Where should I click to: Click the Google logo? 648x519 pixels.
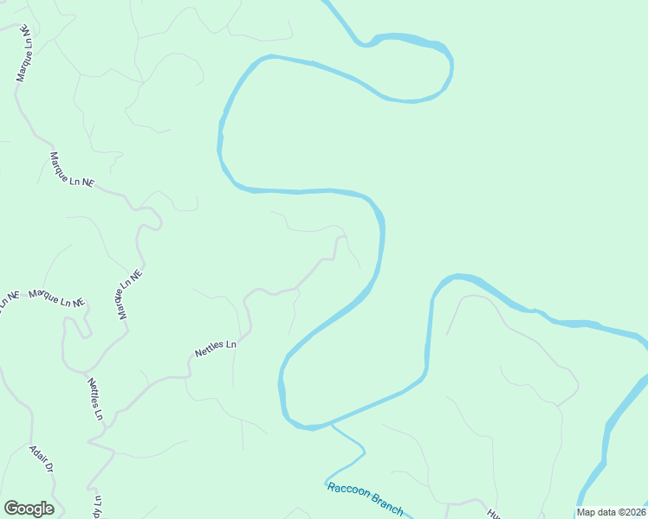tap(29, 509)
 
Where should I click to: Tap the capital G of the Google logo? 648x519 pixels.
tap(11, 509)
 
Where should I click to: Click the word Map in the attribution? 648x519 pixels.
tap(586, 512)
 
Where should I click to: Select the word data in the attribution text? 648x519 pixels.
tap(606, 512)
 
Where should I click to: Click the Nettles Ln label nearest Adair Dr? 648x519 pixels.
tap(94, 399)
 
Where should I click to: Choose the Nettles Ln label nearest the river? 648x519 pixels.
tap(216, 349)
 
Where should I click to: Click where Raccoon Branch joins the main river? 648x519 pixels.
tap(330, 425)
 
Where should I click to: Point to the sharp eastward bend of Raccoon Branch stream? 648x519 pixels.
tap(364, 450)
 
